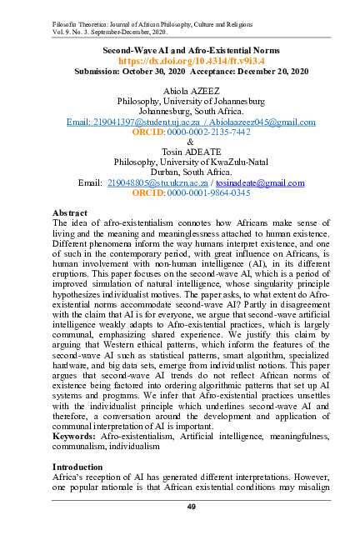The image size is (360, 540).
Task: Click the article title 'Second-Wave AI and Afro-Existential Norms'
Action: pos(179,51)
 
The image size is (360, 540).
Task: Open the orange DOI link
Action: pos(179,62)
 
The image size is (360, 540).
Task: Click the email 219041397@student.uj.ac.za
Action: pos(142,122)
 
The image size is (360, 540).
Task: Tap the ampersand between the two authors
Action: pos(179,142)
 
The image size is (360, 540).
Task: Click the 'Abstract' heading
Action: pos(71,213)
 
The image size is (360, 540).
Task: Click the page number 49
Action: pos(179,507)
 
